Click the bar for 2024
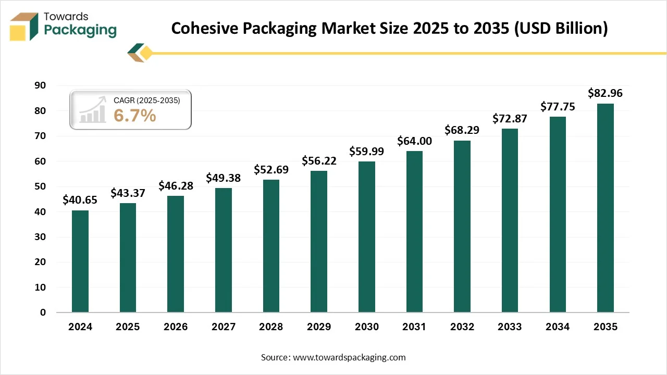[80, 261]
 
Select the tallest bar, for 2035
[605, 208]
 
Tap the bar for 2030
[366, 237]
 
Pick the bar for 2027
[223, 250]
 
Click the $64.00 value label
[414, 141]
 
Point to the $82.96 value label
[605, 94]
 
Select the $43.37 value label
[128, 193]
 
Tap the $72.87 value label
[510, 119]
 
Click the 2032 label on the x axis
[462, 327]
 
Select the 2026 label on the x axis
[176, 327]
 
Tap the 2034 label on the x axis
[558, 327]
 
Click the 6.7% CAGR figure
[134, 116]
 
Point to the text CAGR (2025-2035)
[146, 101]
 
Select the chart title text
[389, 29]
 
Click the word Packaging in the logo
[80, 30]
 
